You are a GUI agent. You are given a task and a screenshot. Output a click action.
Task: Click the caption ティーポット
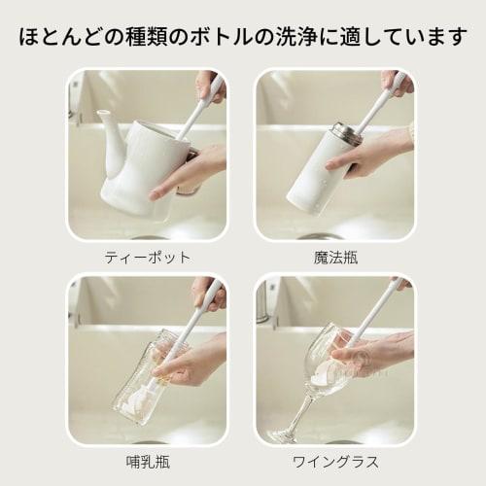147,258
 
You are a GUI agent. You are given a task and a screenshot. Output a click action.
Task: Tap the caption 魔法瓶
335,258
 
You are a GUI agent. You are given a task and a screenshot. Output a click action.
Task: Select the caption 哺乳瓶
147,461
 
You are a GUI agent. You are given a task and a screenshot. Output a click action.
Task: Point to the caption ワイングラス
335,461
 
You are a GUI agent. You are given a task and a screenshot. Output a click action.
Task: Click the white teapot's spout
108,123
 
